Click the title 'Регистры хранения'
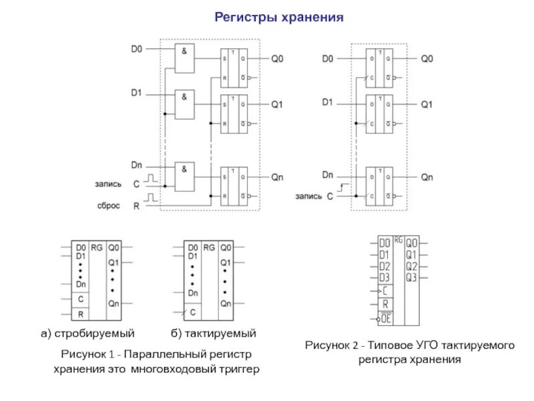point(279,17)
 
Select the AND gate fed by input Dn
point(185,176)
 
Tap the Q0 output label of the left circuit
point(277,59)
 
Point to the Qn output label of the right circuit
point(427,178)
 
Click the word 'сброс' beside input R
point(109,206)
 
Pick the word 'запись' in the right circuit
point(308,197)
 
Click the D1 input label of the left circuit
point(136,94)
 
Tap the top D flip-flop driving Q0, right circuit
point(378,67)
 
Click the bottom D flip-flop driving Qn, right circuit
point(378,186)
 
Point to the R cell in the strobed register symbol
point(81,313)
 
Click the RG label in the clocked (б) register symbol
point(209,247)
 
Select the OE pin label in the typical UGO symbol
point(385,319)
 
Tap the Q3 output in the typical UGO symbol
point(411,276)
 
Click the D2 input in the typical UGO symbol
point(384,265)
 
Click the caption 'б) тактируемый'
point(212,332)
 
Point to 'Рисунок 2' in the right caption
point(332,346)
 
